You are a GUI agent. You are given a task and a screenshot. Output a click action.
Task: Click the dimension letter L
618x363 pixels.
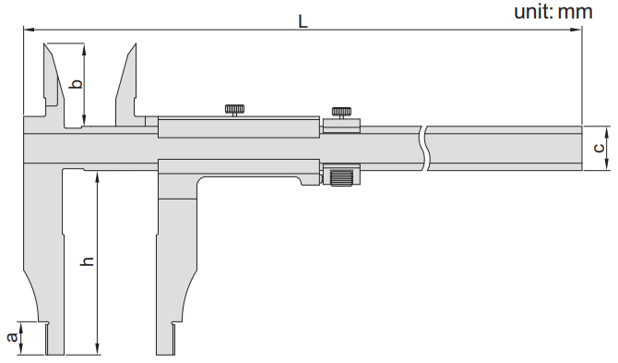coord(303,21)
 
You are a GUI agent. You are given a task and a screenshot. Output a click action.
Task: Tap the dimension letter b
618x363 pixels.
coord(77,84)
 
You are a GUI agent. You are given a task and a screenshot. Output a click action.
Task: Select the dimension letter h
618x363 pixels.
coord(87,261)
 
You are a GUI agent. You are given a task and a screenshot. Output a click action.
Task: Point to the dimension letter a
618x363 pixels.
coord(13,337)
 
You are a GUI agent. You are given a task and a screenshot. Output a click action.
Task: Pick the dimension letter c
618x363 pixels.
coord(599,148)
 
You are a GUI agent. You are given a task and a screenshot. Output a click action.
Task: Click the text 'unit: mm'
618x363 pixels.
coord(553,12)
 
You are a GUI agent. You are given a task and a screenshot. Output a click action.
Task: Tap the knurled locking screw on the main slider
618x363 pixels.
coord(234,110)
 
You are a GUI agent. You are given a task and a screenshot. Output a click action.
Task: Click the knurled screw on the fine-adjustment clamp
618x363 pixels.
coord(341,113)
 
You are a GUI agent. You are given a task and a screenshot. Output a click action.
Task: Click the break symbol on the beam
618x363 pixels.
coord(424,149)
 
